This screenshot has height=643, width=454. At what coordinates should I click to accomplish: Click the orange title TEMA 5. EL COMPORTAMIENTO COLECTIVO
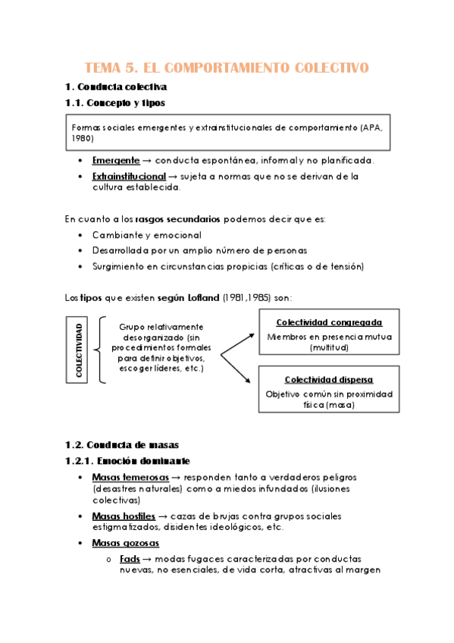[x=227, y=68]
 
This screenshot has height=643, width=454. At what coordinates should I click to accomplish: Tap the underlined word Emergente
[x=116, y=161]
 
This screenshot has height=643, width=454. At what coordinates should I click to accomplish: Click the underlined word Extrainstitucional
[x=129, y=176]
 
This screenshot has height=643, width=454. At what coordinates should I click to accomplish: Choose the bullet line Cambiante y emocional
[x=146, y=235]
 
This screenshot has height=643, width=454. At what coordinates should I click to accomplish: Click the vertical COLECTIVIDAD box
[x=80, y=350]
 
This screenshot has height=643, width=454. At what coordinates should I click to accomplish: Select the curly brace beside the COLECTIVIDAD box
[x=99, y=350]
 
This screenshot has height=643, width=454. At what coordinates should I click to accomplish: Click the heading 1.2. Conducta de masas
[x=122, y=444]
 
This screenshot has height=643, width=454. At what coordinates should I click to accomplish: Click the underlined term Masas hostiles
[x=124, y=516]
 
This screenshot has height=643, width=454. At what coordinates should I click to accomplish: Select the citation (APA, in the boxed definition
[x=372, y=127]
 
